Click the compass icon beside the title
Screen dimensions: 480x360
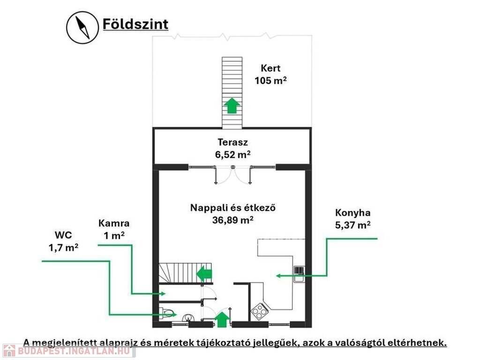82,28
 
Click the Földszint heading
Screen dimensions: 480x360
135,24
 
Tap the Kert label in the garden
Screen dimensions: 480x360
270,68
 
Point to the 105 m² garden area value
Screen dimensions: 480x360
270,80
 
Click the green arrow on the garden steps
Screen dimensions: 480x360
232,105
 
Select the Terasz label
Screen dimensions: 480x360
232,142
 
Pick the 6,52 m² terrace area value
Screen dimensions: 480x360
232,154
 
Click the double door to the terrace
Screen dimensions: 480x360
233,174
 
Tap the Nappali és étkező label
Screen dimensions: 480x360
232,208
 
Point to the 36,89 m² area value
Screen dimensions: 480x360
232,219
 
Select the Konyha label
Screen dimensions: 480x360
352,212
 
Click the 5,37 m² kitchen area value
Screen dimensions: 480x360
352,225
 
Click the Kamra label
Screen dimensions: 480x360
114,223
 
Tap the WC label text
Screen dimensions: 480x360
63,235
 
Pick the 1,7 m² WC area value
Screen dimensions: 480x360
63,247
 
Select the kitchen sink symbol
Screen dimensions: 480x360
299,274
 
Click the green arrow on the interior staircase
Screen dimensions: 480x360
204,274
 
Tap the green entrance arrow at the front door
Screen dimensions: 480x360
222,319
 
